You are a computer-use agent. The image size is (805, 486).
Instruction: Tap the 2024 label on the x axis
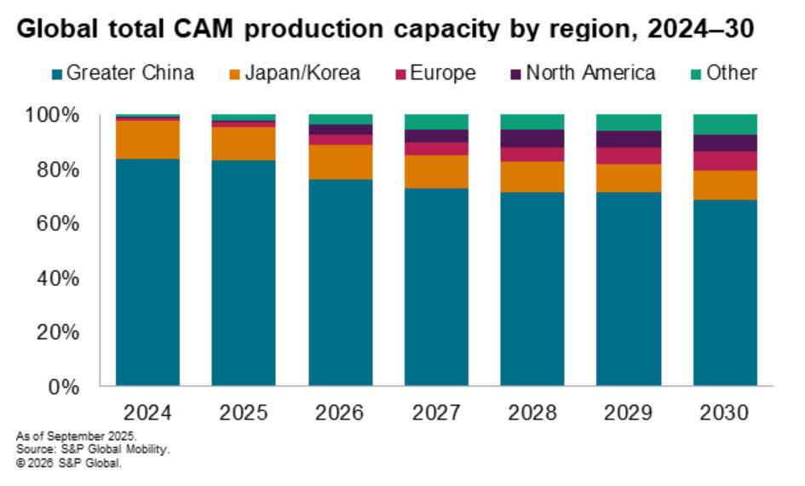[147, 414]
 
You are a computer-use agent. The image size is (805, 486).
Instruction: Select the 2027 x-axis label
[436, 414]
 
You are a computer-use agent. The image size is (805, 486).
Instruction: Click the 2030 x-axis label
[724, 414]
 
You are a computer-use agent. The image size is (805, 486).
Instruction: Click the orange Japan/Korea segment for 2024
[147, 140]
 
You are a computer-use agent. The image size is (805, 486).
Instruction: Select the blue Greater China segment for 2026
[340, 281]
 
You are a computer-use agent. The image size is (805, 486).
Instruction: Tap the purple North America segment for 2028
[532, 138]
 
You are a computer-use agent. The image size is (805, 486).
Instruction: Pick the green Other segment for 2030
[724, 124]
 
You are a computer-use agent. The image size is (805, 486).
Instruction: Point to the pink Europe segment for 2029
[629, 155]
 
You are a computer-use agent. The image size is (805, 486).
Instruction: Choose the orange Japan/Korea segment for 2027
[436, 171]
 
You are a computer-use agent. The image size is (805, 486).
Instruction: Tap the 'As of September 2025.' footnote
[60, 437]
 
